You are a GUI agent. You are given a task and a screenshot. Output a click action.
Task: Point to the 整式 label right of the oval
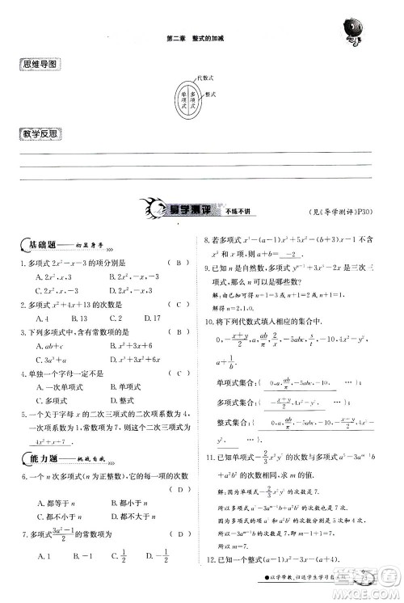pos(212,94)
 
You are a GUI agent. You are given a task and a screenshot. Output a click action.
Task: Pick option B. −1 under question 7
pos(80,555)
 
